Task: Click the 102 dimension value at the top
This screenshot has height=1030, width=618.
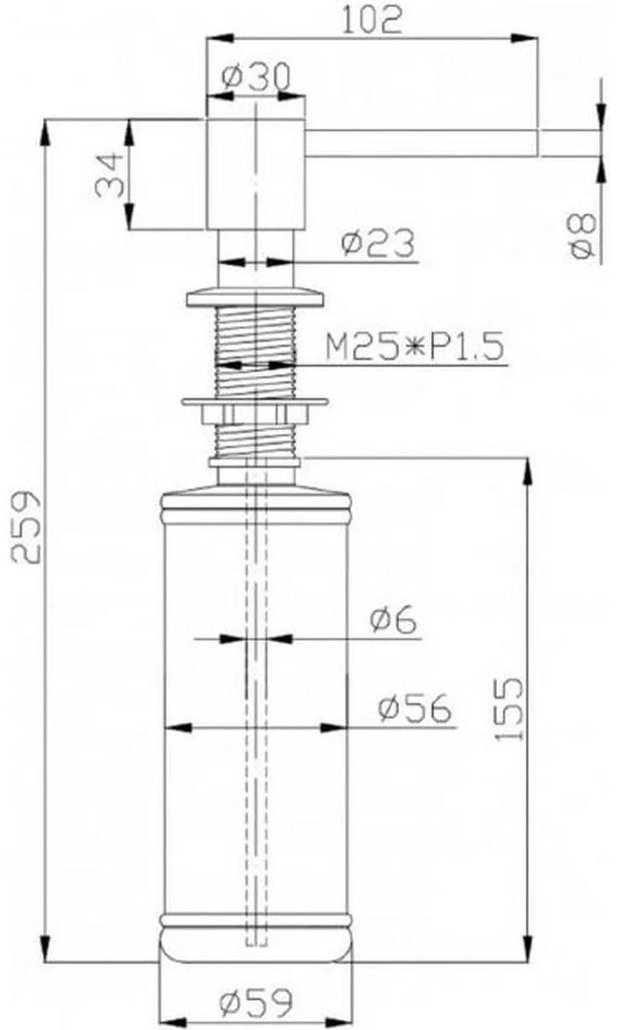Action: [373, 20]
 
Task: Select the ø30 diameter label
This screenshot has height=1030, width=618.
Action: [256, 77]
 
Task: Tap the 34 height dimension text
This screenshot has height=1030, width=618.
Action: [110, 175]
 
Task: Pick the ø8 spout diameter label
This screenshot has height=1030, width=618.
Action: [582, 235]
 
